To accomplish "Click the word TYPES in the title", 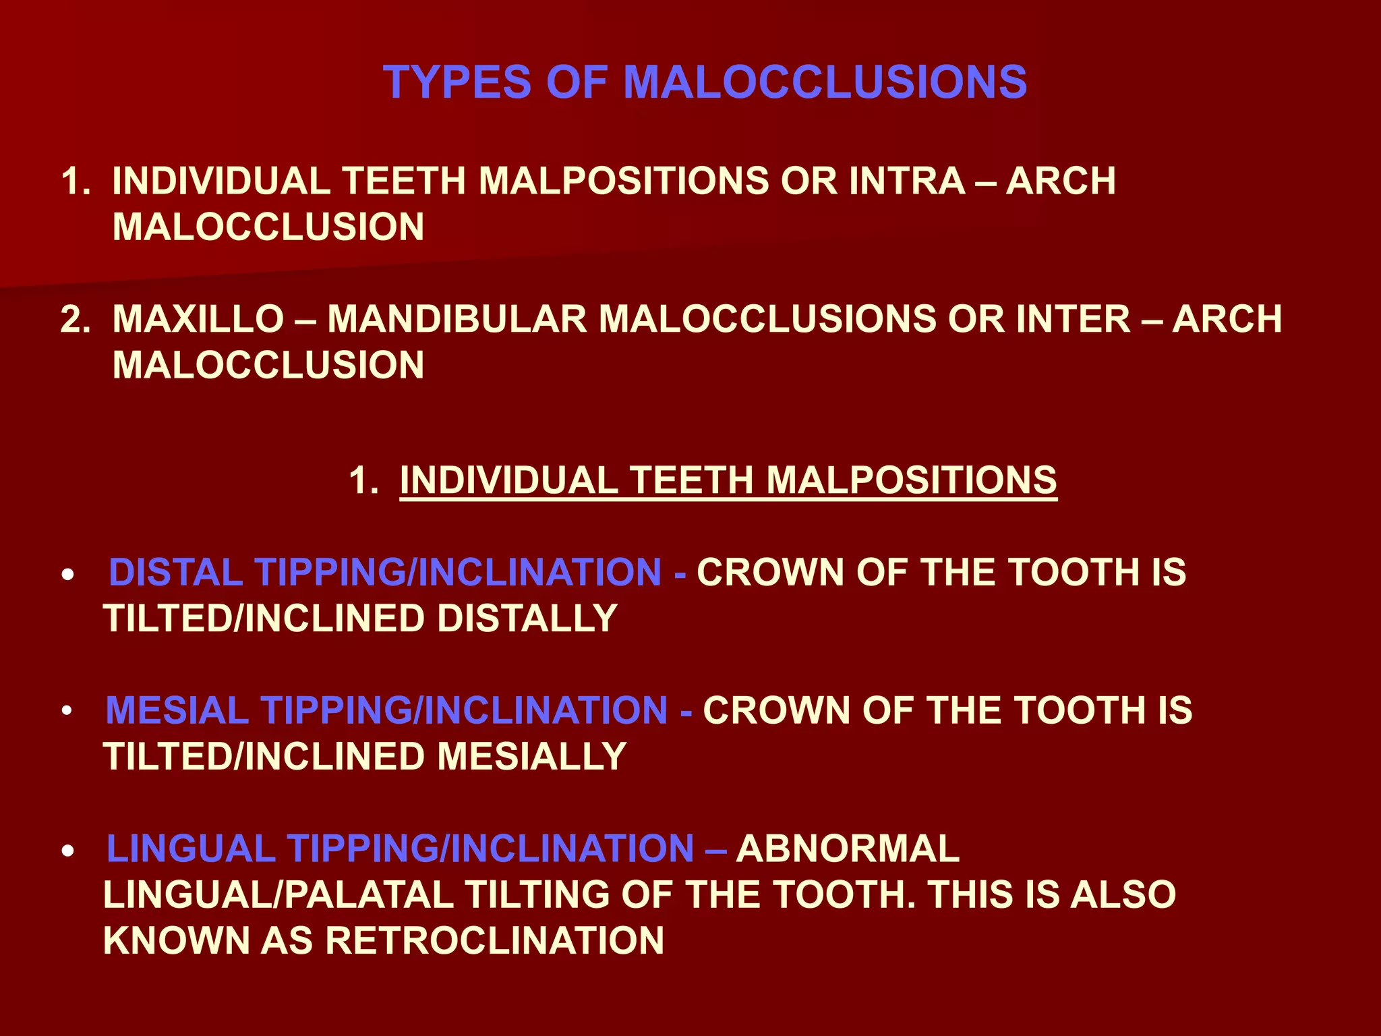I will point(457,82).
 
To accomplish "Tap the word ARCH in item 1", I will point(1061,181).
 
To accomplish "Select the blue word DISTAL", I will point(175,572).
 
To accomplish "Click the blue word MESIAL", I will point(177,710).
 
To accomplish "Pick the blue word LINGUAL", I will point(191,848).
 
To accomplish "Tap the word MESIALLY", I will point(532,756).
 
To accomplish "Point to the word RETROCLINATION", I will point(495,940).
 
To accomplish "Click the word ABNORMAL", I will point(848,848).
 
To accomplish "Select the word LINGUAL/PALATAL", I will point(278,894).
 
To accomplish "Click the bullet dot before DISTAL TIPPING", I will point(67,575).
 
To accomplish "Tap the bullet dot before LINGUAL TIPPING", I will point(67,852).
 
